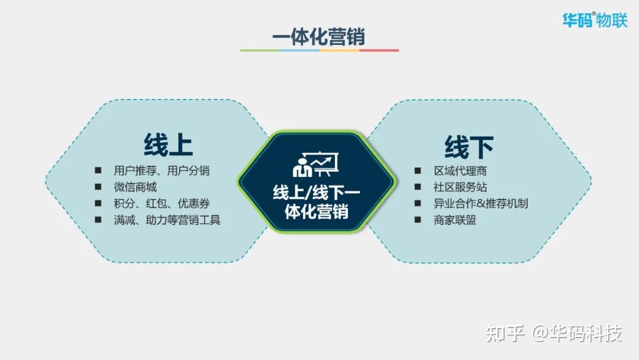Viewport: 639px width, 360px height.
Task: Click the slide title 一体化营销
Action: click(318, 36)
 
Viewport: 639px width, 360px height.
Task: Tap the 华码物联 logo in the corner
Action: click(594, 20)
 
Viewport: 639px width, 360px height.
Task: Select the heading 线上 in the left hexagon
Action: click(168, 144)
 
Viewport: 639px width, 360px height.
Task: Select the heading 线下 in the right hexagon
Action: click(469, 147)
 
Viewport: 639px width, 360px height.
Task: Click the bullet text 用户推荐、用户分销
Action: click(162, 171)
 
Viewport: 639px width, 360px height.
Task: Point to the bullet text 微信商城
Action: click(135, 187)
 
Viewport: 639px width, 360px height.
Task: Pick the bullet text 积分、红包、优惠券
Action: click(162, 204)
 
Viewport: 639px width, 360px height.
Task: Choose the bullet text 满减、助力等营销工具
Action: click(167, 220)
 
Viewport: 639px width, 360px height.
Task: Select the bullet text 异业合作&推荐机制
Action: click(480, 204)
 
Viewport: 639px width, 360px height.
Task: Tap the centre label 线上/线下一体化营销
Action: click(316, 202)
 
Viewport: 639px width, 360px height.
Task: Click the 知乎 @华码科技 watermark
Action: click(554, 333)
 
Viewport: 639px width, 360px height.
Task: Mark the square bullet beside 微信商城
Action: click(98, 187)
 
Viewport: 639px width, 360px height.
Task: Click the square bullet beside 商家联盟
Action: click(418, 220)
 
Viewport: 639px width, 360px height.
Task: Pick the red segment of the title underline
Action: click(379, 50)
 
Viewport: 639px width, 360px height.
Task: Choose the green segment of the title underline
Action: click(260, 50)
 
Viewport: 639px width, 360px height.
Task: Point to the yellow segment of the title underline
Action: click(339, 50)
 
